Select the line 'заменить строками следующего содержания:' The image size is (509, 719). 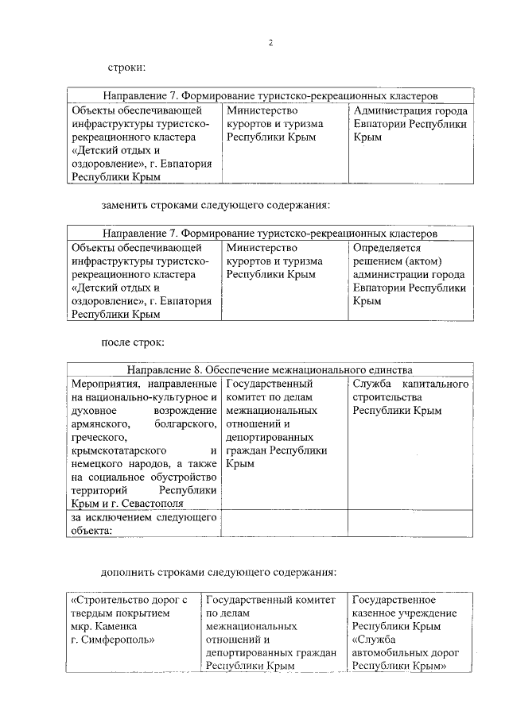coord(216,205)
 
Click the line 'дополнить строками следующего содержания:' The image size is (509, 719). coord(220,571)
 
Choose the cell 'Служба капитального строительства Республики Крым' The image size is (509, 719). coord(410,397)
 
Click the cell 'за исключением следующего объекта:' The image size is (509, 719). coord(143,524)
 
